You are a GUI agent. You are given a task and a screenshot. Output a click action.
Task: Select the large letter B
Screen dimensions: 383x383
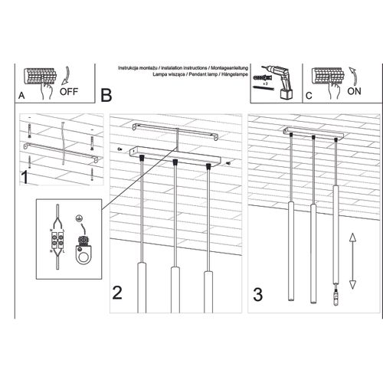point(106,95)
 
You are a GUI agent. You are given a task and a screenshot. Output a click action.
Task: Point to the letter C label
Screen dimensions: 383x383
point(309,96)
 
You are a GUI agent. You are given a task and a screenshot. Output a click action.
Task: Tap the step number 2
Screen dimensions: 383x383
point(117,292)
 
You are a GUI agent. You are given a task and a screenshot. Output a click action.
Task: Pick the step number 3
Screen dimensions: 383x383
point(259,292)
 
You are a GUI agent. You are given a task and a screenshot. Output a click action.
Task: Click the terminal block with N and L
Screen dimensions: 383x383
point(54,238)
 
